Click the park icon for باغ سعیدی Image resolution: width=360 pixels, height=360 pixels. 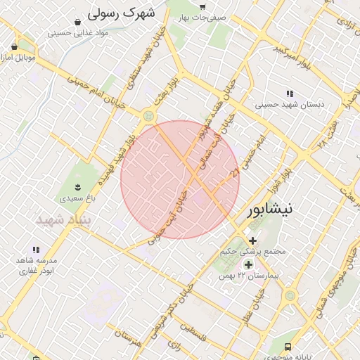(x=77, y=187)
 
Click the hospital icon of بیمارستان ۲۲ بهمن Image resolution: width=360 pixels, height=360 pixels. (x=247, y=264)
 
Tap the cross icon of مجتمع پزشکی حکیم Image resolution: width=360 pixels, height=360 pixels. (x=252, y=240)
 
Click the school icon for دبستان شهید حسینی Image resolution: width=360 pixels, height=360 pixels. (x=290, y=94)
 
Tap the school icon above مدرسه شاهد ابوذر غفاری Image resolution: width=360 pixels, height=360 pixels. (x=35, y=250)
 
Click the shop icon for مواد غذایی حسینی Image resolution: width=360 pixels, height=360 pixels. (x=75, y=21)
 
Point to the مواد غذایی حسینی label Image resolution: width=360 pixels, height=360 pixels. (x=78, y=32)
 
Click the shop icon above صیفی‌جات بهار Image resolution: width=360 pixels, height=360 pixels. (x=202, y=6)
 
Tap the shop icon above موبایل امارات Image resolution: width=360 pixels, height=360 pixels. (x=14, y=46)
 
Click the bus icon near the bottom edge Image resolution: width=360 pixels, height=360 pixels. (x=288, y=347)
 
